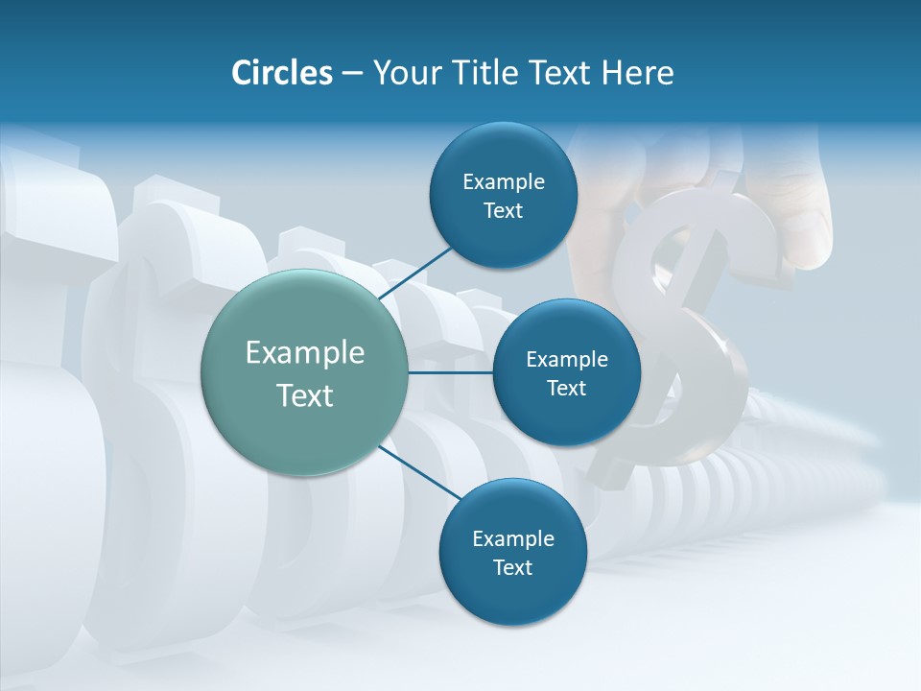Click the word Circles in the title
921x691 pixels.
coord(281,73)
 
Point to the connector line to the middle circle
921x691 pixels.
coord(451,372)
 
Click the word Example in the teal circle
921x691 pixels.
coord(305,353)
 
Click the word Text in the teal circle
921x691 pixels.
coord(305,395)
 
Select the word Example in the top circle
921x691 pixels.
coord(503,181)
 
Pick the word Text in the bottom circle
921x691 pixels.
coord(512,567)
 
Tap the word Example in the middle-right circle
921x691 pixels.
coord(567,360)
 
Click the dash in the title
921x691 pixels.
coord(352,73)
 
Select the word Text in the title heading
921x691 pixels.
coord(562,73)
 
